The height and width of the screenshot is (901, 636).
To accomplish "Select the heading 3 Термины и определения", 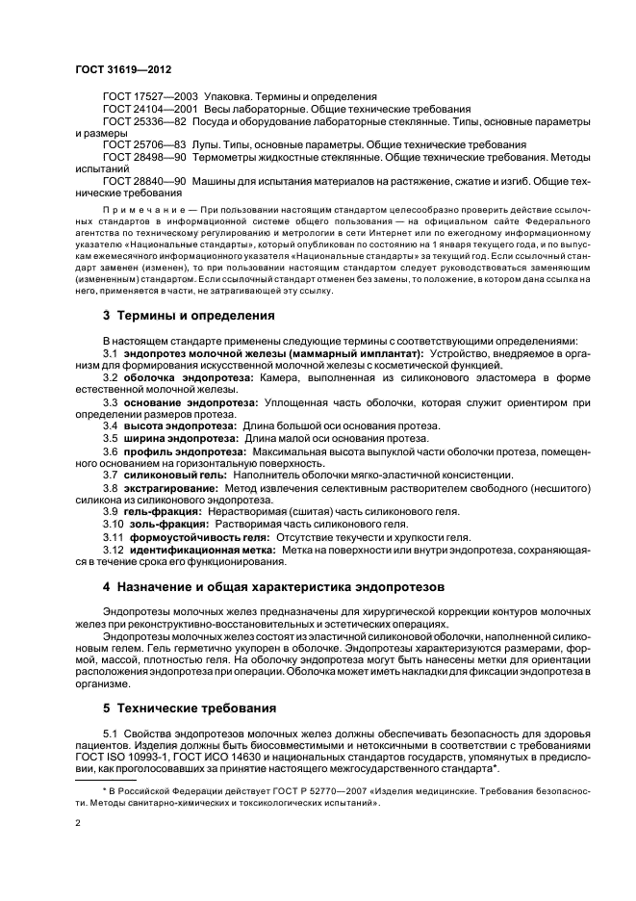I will pyautogui.click(x=188, y=316).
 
